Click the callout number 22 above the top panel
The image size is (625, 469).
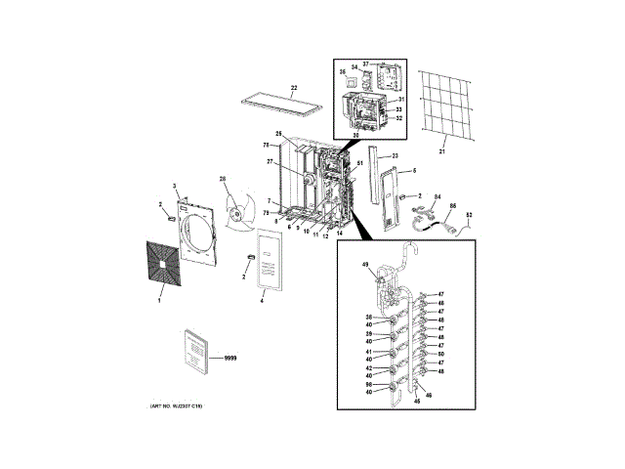point(293,89)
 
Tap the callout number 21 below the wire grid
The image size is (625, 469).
point(440,151)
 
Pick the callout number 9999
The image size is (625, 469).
point(230,361)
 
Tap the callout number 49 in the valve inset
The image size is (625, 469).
point(365,266)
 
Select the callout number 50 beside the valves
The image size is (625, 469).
point(441,354)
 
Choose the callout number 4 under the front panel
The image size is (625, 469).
point(262,301)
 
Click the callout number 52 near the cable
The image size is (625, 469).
point(469,215)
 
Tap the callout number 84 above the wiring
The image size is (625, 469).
point(437,197)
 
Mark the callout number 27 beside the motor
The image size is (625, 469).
point(271,162)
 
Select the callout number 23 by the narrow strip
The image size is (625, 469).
point(396,156)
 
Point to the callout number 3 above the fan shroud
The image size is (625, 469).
point(175,186)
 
